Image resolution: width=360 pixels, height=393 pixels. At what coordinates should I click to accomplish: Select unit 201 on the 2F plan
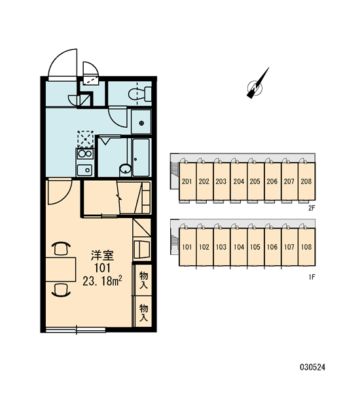click(187, 181)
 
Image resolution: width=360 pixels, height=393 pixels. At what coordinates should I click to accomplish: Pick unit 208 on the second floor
click(306, 181)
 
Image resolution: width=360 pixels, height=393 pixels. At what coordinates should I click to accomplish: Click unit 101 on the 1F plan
click(187, 247)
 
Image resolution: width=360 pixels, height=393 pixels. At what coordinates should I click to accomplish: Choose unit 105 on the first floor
click(255, 247)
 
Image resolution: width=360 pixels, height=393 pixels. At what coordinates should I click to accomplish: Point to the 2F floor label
click(312, 208)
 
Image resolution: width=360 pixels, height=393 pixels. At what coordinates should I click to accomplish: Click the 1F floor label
click(312, 277)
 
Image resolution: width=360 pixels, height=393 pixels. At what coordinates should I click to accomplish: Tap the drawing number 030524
click(313, 367)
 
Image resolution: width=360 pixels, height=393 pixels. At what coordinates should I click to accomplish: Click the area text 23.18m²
click(103, 281)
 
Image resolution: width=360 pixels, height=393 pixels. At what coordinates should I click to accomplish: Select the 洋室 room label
click(103, 255)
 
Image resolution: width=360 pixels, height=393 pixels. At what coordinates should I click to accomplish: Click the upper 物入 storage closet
click(143, 280)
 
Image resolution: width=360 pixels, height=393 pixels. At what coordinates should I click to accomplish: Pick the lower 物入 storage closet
click(143, 312)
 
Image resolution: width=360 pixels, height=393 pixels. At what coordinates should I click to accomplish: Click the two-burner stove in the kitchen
click(85, 154)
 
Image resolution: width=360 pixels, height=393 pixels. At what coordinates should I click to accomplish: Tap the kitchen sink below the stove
click(84, 170)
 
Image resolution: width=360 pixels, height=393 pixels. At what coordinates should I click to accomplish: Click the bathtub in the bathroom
click(141, 157)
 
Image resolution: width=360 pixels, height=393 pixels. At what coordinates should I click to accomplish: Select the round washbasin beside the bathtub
click(125, 169)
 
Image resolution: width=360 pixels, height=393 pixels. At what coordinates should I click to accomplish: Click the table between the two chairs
click(61, 269)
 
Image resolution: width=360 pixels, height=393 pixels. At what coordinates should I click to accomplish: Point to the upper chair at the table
click(61, 248)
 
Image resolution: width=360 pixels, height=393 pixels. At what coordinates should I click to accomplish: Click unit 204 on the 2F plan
click(238, 181)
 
